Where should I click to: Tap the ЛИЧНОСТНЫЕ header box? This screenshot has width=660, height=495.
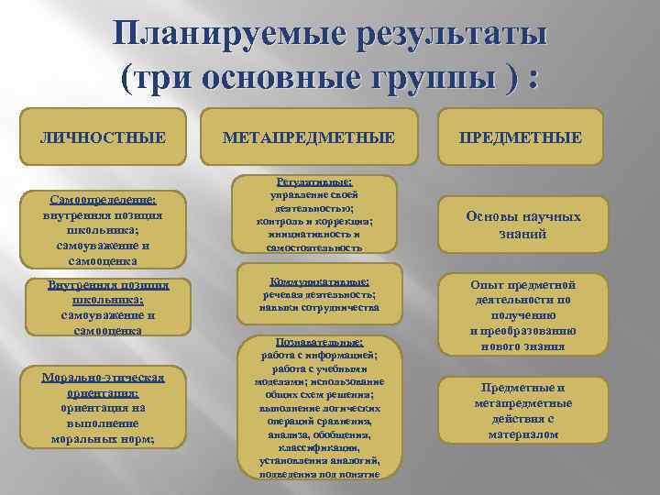click(104, 137)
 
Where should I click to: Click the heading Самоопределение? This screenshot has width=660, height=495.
click(103, 200)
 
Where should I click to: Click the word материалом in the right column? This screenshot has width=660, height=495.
click(522, 434)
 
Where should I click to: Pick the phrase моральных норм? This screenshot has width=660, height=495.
click(103, 439)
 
